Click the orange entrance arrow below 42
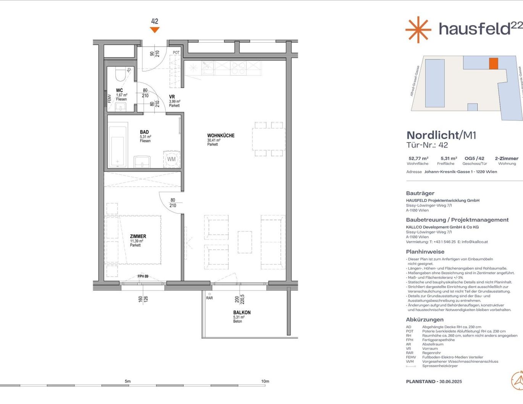pyautogui.click(x=155, y=30)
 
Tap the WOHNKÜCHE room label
pyautogui.click(x=221, y=136)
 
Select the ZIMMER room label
pyautogui.click(x=138, y=236)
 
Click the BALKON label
pyautogui.click(x=242, y=313)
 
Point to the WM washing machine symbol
pyautogui.click(x=171, y=159)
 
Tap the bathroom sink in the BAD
pyautogui.click(x=142, y=162)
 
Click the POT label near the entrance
pyautogui.click(x=176, y=53)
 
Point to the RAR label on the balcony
pyautogui.click(x=209, y=298)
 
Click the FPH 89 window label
pyautogui.click(x=143, y=276)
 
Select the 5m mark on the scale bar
pyautogui.click(x=128, y=381)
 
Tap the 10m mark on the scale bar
pyautogui.click(x=265, y=381)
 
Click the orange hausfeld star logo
pyautogui.click(x=418, y=29)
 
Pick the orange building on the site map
pyautogui.click(x=494, y=63)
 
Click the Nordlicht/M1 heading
pyautogui.click(x=441, y=135)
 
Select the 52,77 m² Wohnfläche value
pyautogui.click(x=418, y=159)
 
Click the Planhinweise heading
pyautogui.click(x=425, y=252)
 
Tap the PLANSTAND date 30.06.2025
pyautogui.click(x=450, y=382)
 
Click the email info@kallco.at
pyautogui.click(x=475, y=242)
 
